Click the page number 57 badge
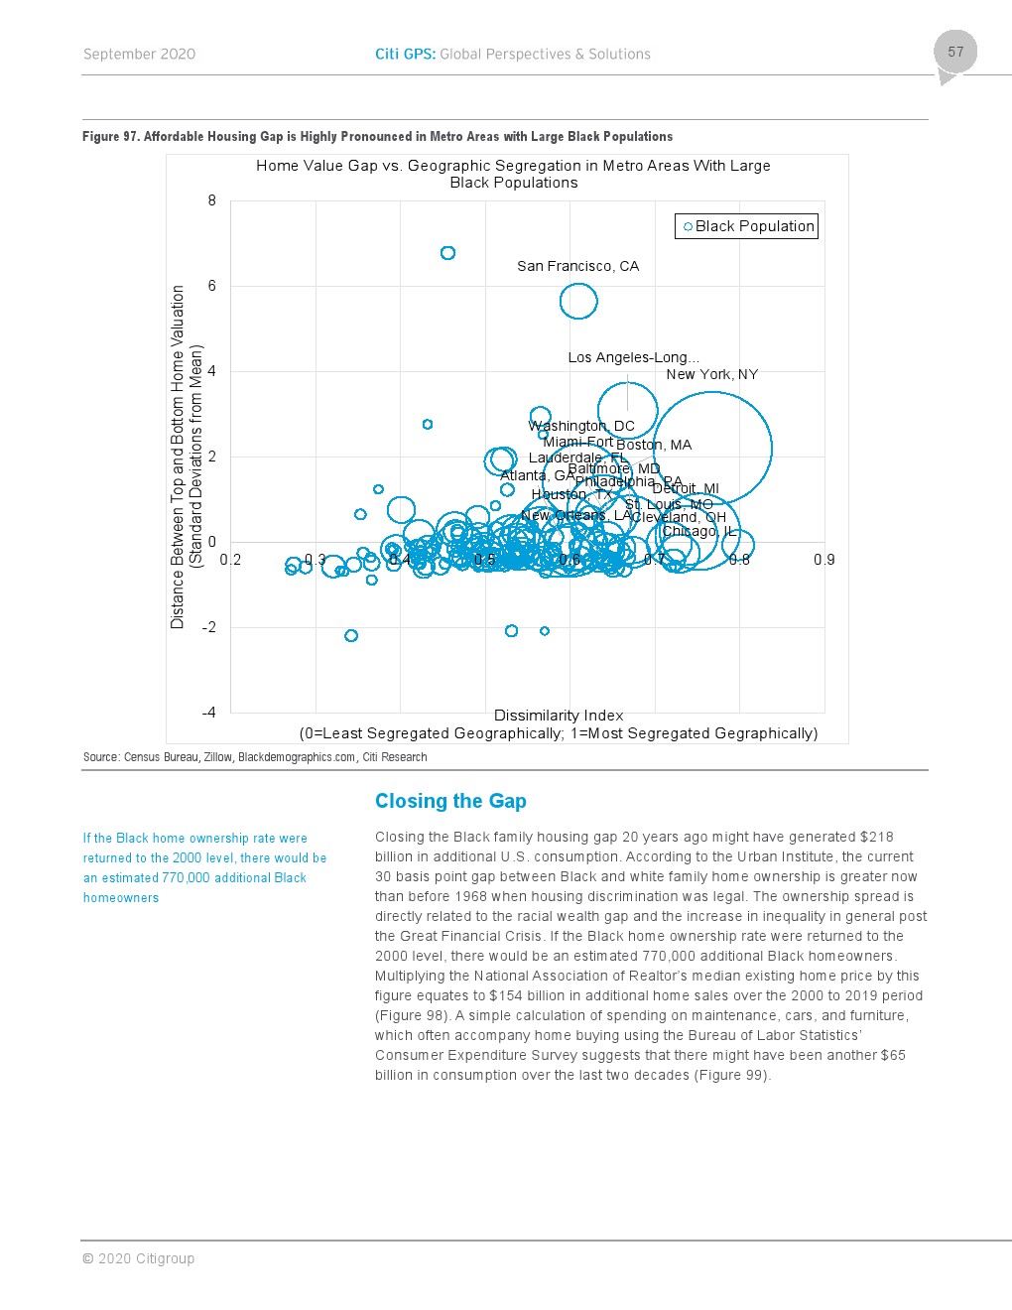[954, 53]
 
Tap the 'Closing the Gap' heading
[450, 801]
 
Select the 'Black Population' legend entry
[746, 226]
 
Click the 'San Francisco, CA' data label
[577, 266]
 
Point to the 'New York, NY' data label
[711, 374]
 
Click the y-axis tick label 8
[211, 200]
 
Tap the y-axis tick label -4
[208, 713]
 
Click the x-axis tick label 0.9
[823, 560]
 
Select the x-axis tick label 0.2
[230, 560]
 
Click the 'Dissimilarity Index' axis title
[559, 716]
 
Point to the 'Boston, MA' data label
[654, 445]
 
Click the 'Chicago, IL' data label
[698, 531]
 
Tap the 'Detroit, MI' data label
[686, 488]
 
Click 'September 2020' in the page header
[139, 55]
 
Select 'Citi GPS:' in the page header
[405, 55]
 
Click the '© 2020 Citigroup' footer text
[138, 1258]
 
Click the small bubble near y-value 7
[447, 253]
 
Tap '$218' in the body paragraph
[876, 837]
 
